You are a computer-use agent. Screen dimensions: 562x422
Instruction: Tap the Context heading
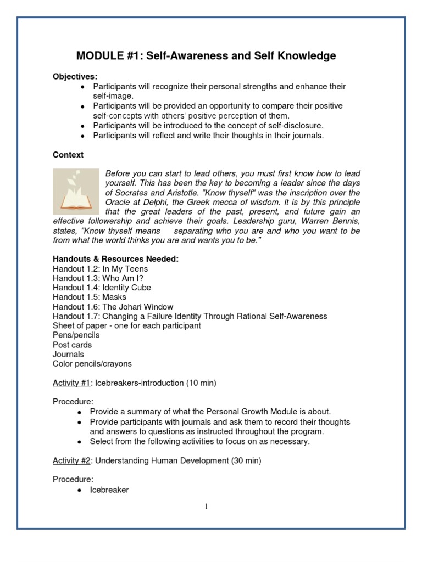point(68,155)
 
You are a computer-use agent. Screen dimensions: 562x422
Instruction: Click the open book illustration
point(76,192)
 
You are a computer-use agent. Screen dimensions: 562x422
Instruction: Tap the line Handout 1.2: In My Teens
point(100,269)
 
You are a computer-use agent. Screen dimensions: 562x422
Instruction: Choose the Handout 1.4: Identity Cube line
point(102,288)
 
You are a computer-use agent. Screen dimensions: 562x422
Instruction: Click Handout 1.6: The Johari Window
point(113,307)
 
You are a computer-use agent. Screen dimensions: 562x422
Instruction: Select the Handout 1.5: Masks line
point(89,297)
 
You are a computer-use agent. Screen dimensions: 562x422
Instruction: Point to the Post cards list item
point(72,345)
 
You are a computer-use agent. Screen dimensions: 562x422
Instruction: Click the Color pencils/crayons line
point(92,363)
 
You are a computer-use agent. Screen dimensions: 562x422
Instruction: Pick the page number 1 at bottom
point(206,507)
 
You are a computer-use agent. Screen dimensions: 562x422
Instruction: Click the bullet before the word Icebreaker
point(80,490)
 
